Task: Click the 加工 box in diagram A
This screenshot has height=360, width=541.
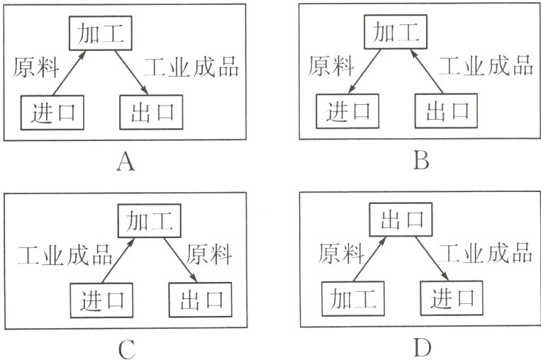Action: [x=101, y=33]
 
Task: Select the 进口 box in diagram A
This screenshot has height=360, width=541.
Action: [x=52, y=113]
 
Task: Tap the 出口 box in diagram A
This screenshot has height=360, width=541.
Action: [x=151, y=113]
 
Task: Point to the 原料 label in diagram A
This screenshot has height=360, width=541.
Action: [x=36, y=67]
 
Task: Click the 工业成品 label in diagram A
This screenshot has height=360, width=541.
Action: [x=191, y=67]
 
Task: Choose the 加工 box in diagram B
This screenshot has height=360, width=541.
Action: [x=396, y=32]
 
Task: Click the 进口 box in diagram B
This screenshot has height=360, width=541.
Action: [x=347, y=111]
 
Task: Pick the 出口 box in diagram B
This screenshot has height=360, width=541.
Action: [x=446, y=111]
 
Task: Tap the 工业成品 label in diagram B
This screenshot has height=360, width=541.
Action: [x=486, y=65]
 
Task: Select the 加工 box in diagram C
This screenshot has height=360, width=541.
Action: [x=150, y=220]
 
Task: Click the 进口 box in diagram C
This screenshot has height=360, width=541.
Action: [x=101, y=300]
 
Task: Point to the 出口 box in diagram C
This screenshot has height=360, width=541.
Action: [x=201, y=300]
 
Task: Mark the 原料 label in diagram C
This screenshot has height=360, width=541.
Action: [x=208, y=254]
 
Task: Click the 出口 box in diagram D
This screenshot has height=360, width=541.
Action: [x=401, y=219]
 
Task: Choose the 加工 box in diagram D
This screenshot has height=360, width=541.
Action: [x=353, y=298]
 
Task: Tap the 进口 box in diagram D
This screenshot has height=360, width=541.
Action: [x=452, y=298]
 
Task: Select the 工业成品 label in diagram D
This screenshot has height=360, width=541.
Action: [x=485, y=253]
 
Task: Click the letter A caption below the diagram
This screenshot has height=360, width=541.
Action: [x=126, y=162]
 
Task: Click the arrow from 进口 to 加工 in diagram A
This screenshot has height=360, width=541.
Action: [x=69, y=73]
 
